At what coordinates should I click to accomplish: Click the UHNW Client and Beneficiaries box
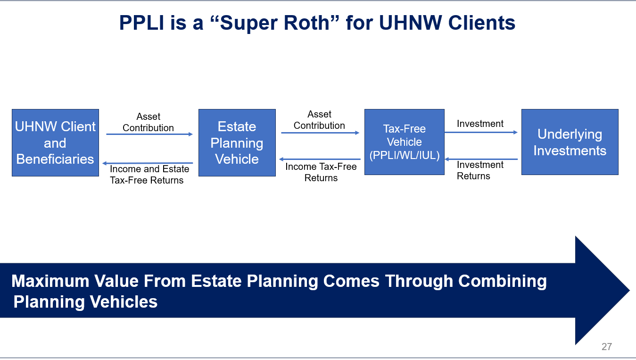(x=55, y=142)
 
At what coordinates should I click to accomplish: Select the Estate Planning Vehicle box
(x=237, y=142)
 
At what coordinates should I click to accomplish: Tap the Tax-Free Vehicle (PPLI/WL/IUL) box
(x=404, y=142)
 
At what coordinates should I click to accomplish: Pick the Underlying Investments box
(x=570, y=142)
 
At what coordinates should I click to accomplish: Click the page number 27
(x=606, y=347)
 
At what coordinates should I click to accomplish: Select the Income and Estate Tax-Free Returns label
(x=149, y=175)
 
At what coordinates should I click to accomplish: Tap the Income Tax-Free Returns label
(x=321, y=172)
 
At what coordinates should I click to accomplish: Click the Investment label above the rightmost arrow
(x=480, y=124)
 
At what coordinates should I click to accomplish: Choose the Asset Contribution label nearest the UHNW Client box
(x=148, y=122)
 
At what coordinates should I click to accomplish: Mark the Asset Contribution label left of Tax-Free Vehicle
(x=319, y=120)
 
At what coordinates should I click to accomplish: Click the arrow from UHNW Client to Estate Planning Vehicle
(x=149, y=134)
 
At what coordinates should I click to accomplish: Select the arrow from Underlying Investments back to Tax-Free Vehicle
(x=481, y=159)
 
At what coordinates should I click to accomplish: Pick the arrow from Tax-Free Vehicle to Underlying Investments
(x=481, y=133)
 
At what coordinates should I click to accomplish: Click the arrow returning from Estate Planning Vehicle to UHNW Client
(x=149, y=163)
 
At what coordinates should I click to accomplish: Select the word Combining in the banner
(x=502, y=281)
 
